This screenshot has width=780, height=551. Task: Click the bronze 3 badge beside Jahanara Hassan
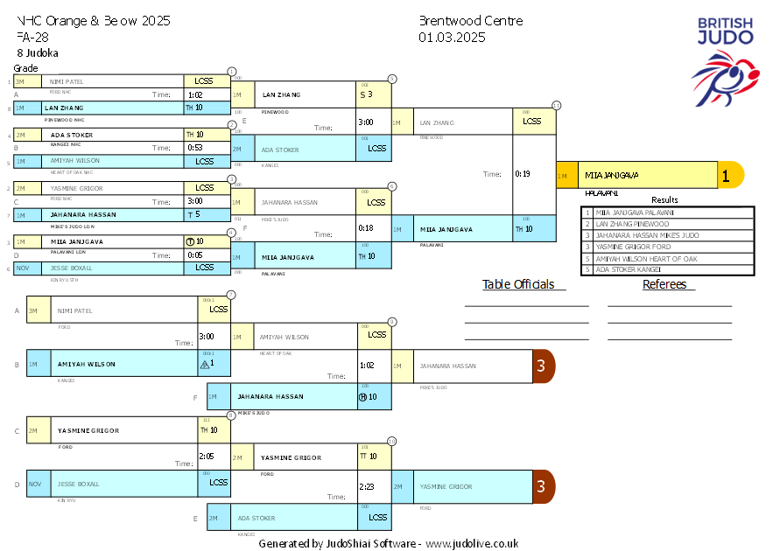(x=543, y=366)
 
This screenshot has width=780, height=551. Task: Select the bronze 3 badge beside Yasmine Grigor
(x=543, y=486)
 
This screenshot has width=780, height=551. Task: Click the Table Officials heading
(x=518, y=284)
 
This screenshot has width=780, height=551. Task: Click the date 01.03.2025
(x=452, y=38)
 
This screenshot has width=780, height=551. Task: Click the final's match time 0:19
(x=523, y=174)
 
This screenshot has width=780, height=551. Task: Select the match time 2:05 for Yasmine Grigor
(x=207, y=456)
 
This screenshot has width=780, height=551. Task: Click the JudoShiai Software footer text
(x=388, y=543)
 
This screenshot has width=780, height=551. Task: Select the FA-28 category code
(x=33, y=38)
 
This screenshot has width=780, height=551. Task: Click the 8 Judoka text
(x=38, y=52)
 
